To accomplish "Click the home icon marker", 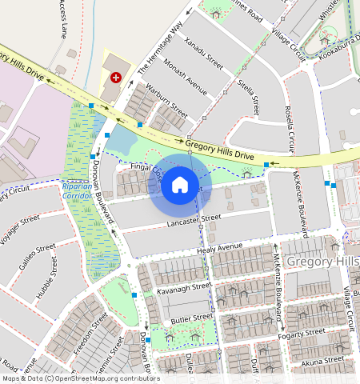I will click(180, 186).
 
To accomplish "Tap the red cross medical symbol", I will click(116, 78).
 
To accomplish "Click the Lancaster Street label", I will click(194, 219).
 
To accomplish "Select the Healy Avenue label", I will click(219, 250).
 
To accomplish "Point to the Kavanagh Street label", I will click(184, 286).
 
